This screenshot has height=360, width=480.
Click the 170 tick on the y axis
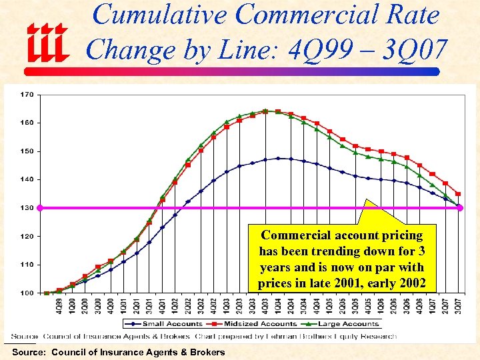26,95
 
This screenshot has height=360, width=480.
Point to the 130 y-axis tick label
26,208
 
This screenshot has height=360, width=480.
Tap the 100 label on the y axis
26,293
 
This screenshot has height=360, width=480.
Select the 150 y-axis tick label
26,151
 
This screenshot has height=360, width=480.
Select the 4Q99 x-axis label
60,304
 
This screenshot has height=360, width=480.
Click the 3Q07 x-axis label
458,304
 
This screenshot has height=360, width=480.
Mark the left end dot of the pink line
39,208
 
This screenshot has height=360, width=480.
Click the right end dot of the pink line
459,208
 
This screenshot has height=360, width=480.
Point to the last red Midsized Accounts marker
458,194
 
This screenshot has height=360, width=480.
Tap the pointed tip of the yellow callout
367,199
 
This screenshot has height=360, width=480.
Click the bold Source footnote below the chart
118,352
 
